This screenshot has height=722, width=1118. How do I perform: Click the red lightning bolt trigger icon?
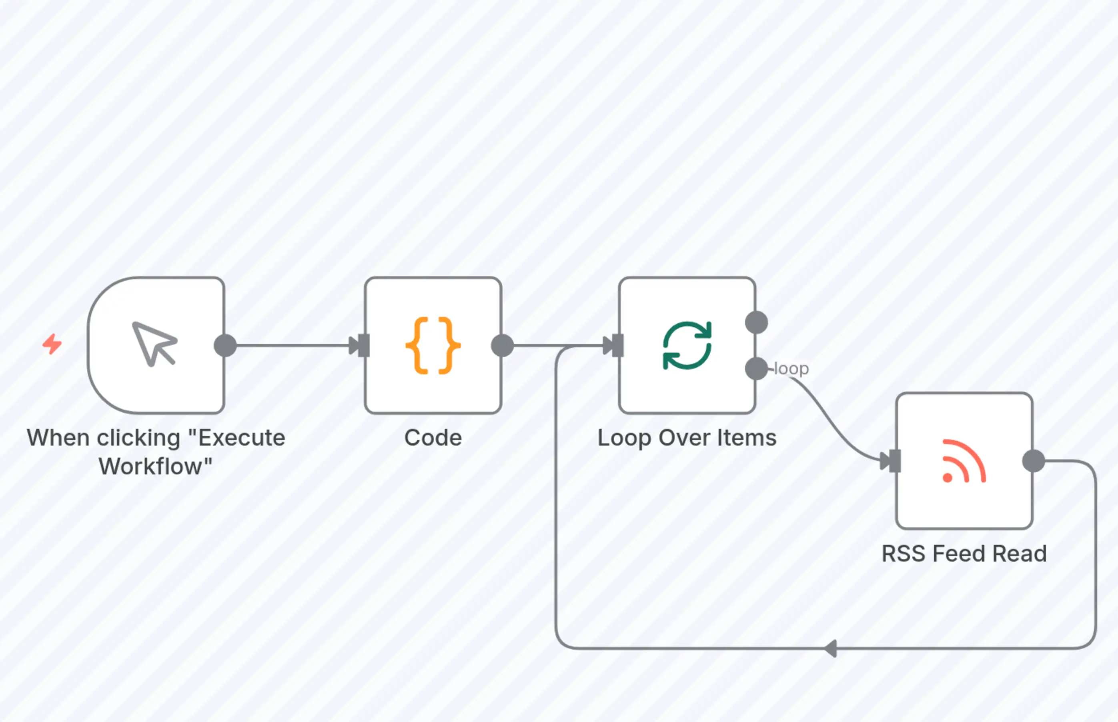(x=52, y=344)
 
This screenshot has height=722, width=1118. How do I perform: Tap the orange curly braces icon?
(x=433, y=346)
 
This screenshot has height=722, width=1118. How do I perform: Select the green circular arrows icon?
(x=687, y=346)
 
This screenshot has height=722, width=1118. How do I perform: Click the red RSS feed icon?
(x=964, y=461)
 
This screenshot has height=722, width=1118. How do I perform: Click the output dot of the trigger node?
(x=225, y=346)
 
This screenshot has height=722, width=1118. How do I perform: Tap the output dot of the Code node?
(x=502, y=346)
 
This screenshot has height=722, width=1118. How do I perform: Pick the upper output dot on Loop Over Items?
(x=756, y=322)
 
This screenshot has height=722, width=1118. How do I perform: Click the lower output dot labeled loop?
(x=756, y=368)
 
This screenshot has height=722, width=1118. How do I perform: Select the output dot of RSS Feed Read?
(x=1034, y=461)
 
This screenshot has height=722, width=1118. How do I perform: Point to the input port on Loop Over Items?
(x=617, y=346)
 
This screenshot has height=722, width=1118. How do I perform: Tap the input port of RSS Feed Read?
(x=894, y=461)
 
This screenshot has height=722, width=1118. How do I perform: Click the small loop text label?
(x=791, y=368)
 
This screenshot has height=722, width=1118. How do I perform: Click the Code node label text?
(x=433, y=438)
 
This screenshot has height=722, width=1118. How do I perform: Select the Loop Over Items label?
(x=687, y=438)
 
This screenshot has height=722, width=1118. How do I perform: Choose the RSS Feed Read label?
(x=964, y=553)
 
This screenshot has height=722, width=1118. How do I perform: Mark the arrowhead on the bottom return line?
(x=831, y=649)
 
